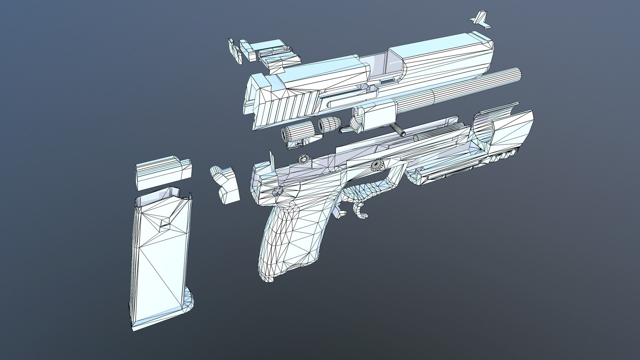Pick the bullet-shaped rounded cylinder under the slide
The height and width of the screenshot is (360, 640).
[x=328, y=124]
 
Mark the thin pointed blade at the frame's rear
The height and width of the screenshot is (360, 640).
[x=272, y=164]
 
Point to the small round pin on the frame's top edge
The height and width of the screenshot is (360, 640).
[x=304, y=159]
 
